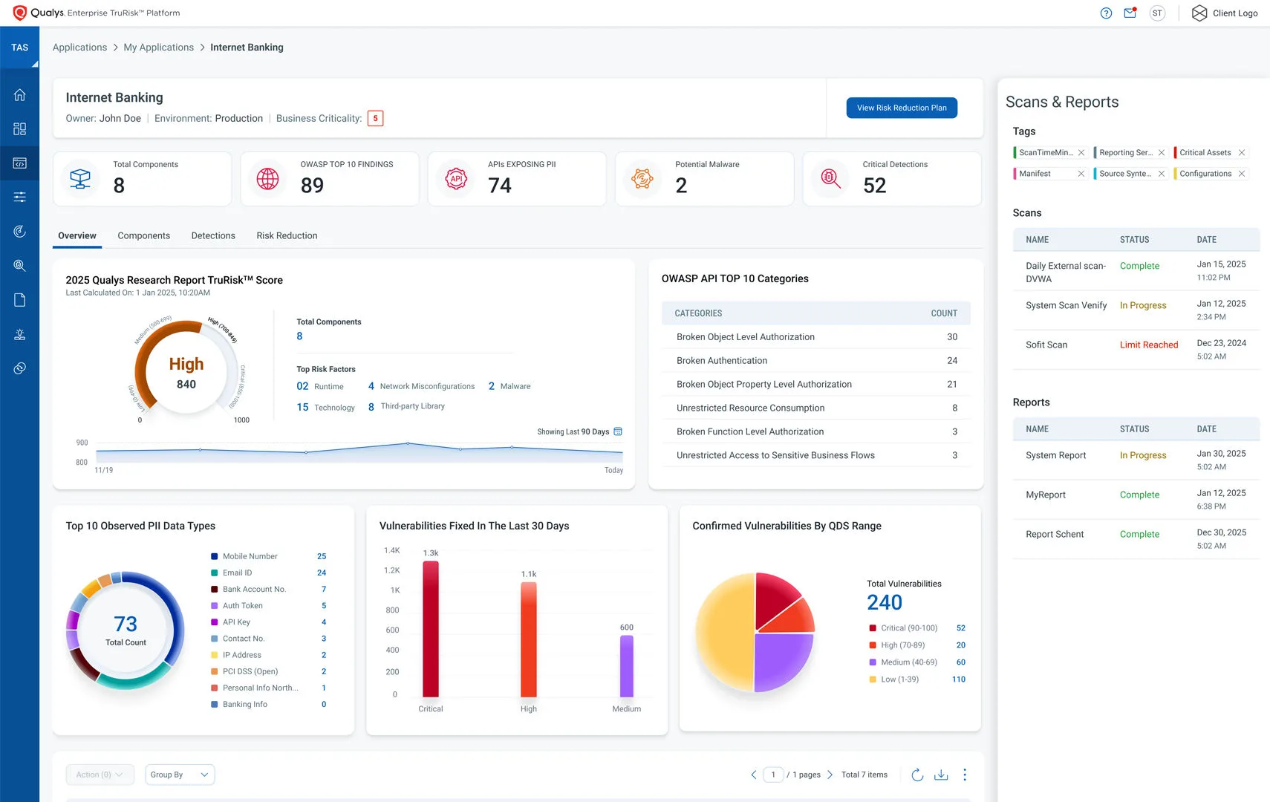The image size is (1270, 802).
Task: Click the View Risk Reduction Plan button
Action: point(901,108)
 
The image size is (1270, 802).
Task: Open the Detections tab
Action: point(213,235)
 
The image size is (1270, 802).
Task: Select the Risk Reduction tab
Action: point(287,235)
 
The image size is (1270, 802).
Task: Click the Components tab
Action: point(143,235)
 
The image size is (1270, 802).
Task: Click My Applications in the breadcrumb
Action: point(158,48)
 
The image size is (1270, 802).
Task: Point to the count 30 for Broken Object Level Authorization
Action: point(951,337)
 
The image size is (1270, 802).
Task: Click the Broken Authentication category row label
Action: point(721,361)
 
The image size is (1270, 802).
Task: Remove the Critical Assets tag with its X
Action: point(1241,153)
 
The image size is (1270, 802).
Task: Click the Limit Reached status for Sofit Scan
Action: point(1148,345)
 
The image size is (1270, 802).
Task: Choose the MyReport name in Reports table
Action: point(1045,495)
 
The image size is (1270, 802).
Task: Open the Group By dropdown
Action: point(180,775)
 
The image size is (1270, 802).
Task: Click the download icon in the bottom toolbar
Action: point(941,775)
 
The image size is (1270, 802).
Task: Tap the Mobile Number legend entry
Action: point(250,556)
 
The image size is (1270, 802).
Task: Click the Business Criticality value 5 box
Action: point(375,119)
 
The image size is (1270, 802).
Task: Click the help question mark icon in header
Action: point(1106,13)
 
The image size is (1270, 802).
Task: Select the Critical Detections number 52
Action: point(874,186)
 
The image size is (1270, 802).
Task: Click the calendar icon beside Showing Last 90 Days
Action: point(618,431)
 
